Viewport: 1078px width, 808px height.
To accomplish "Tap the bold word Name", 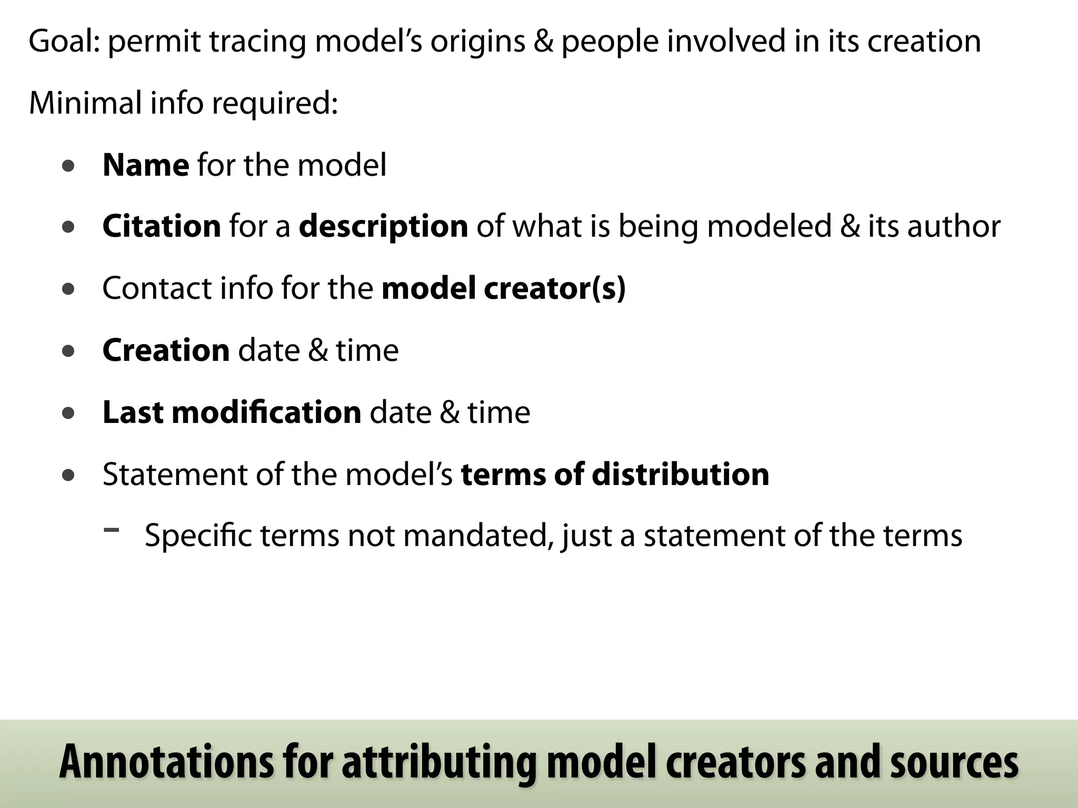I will tap(146, 165).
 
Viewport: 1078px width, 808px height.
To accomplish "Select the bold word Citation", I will tap(162, 227).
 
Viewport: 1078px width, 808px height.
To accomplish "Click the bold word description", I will tap(383, 227).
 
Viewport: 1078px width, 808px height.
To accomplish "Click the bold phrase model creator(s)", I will tap(503, 288).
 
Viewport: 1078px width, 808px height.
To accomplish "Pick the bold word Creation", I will tap(166, 350).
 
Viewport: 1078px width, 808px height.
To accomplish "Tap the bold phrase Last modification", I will tap(232, 412).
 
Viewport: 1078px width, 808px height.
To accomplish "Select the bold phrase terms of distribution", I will tap(615, 474).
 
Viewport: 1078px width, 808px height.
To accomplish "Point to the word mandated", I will tap(478, 536).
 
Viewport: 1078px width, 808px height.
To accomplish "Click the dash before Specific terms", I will tap(111, 530).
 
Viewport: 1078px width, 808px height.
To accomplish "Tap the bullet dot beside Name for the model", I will tap(68, 167).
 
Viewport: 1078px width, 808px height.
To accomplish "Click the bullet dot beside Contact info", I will tap(68, 289).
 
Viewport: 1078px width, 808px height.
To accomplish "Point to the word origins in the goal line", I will tap(477, 41).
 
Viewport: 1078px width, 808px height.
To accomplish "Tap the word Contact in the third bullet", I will tap(156, 288).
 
